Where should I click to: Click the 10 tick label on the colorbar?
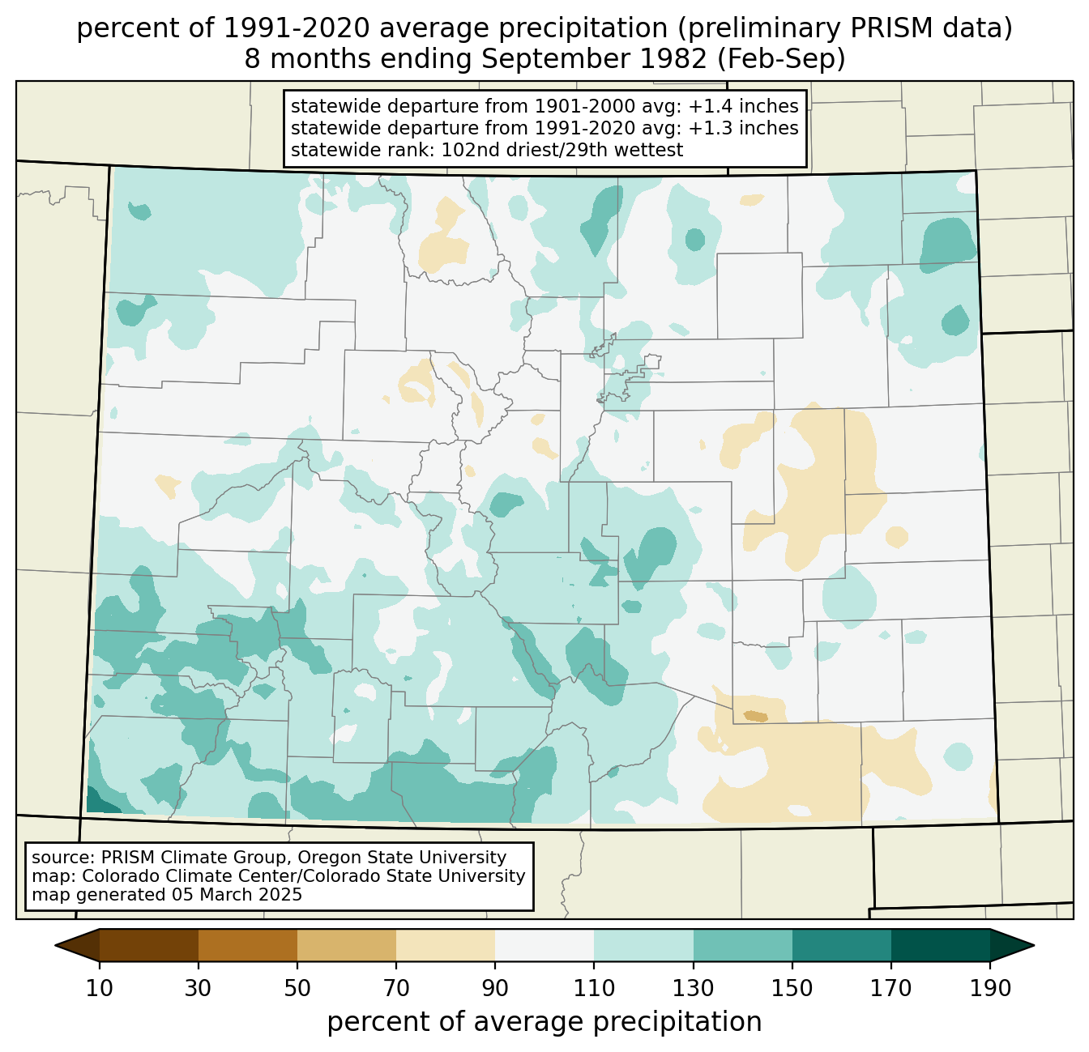[x=100, y=989]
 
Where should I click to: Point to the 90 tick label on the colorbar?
[x=495, y=989]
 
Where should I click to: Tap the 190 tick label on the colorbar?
[x=989, y=989]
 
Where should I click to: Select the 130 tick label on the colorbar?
[x=694, y=989]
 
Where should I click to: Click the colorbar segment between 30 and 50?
[x=248, y=945]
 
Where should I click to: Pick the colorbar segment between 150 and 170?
[x=842, y=945]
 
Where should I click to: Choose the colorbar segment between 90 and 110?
[x=544, y=945]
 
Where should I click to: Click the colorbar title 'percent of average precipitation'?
[x=544, y=1022]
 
